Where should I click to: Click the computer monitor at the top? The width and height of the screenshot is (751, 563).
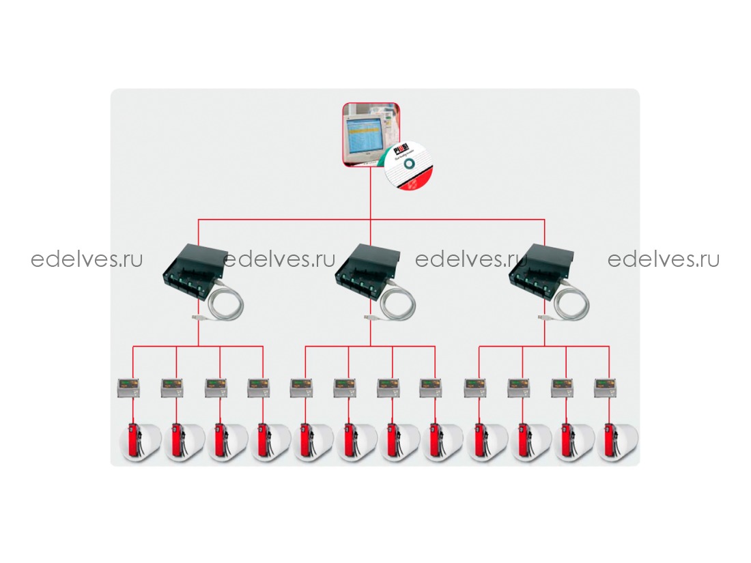pos(363,133)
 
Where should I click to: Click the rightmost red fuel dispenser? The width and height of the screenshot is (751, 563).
pos(610,442)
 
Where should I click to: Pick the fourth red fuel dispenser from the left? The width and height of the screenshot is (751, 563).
pos(263,442)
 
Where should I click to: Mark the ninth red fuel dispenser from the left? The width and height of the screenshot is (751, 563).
pos(479,442)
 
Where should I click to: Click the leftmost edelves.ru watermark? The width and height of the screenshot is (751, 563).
pos(87,259)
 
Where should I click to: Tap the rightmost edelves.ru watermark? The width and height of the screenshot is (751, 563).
pos(664,259)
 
